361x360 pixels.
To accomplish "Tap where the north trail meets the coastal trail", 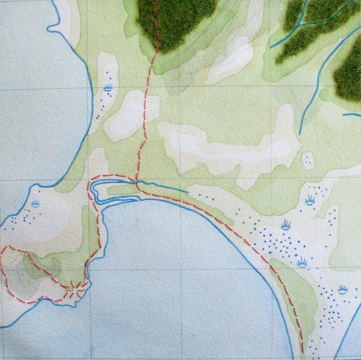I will coord(138,183).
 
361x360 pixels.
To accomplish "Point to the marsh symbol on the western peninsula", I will coord(35,203).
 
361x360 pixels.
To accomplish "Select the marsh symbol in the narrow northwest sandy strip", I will coord(108,87).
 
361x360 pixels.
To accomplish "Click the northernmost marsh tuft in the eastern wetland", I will coord(309,199).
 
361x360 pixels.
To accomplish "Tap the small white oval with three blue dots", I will coord(308,159).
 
